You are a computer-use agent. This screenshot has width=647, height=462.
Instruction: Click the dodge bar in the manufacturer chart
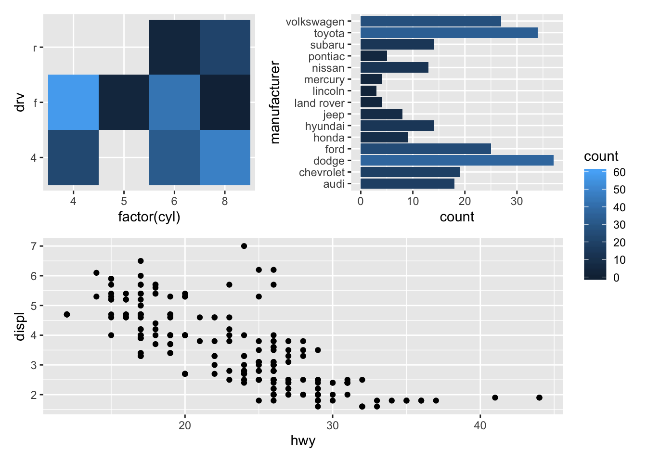(456, 160)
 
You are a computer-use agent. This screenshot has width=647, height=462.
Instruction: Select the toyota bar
(449, 33)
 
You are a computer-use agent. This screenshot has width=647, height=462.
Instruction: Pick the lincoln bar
(368, 91)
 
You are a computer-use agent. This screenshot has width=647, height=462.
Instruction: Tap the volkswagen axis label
(315, 22)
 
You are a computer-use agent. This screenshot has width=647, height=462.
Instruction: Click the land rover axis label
(319, 103)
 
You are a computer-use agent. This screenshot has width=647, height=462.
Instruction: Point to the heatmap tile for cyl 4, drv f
(73, 102)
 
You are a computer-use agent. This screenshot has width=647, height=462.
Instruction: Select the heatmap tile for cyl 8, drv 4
(225, 157)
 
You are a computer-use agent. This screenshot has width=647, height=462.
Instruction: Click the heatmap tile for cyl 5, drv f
(124, 102)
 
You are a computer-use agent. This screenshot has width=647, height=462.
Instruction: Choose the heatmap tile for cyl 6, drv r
(174, 47)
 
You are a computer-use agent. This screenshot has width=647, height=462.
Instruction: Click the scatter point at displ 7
(244, 246)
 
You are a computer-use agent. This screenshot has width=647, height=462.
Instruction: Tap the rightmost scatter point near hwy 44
(539, 398)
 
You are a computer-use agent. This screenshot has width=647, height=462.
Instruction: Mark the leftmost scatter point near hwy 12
(67, 314)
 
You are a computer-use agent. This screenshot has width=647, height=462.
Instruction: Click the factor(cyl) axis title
(149, 217)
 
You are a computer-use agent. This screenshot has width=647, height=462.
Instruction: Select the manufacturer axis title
(275, 102)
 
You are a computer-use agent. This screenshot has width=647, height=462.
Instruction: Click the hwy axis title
(303, 440)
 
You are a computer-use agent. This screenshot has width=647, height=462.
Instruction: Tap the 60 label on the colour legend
(619, 172)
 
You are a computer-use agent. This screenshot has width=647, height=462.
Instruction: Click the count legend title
(601, 156)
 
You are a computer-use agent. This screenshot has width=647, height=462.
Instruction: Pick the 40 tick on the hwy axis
(480, 425)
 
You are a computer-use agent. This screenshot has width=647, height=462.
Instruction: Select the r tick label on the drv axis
(35, 48)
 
